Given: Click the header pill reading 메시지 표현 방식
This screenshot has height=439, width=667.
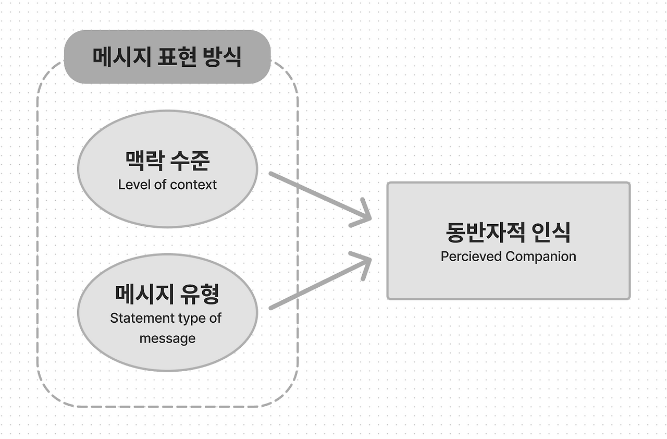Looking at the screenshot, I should pos(167,57).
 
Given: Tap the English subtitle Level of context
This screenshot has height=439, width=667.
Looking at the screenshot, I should pos(167,185).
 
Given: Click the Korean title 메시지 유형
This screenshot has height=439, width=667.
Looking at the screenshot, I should pos(167,294).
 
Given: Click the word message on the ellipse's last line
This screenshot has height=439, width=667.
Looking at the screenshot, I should pos(167,338).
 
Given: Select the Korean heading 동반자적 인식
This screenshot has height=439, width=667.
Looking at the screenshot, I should pos(508,233).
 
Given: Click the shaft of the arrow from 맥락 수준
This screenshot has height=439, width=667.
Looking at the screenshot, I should pos(313,193).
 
